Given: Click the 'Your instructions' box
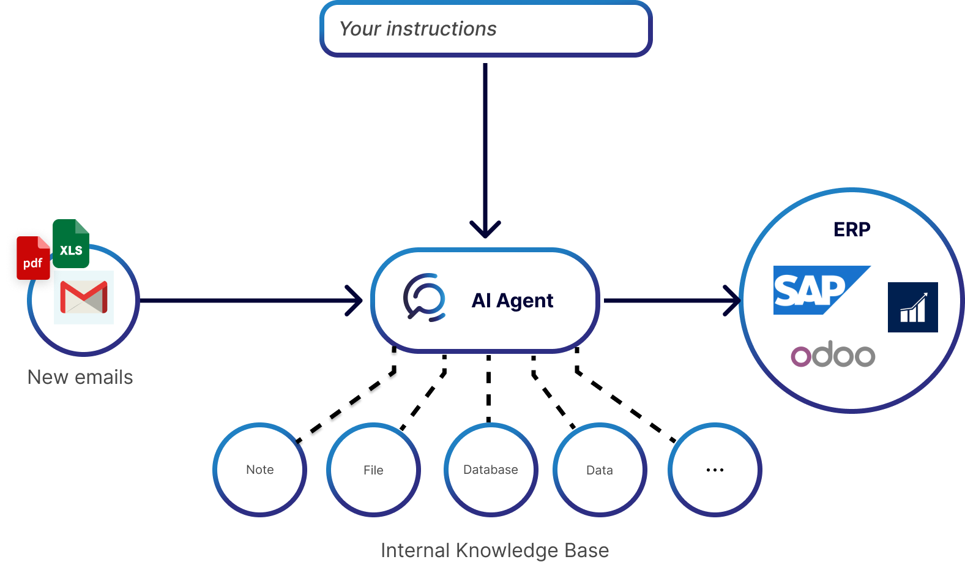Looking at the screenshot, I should point(486,29).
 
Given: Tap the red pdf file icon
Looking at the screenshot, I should point(33,258).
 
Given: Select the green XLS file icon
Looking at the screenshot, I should point(71,244).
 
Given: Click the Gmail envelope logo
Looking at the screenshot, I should point(84,297).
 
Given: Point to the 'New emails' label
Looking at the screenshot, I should point(80,377).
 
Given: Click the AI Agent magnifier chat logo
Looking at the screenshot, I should point(424,298).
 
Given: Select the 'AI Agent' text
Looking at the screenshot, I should point(512,301).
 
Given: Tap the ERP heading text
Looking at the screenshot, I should point(852,230).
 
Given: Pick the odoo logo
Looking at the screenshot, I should point(833,354).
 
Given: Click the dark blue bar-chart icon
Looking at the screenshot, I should point(912,307).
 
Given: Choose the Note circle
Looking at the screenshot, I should point(260,470).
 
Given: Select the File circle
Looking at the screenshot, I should point(373,470).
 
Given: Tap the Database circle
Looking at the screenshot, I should point(491,470).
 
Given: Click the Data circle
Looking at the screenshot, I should point(600,470).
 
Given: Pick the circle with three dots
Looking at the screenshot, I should point(715,470).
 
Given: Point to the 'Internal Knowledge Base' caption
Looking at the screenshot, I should point(494,550).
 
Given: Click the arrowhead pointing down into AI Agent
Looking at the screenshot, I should point(485,231).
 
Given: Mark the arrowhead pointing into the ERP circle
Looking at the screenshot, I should point(732,301).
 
